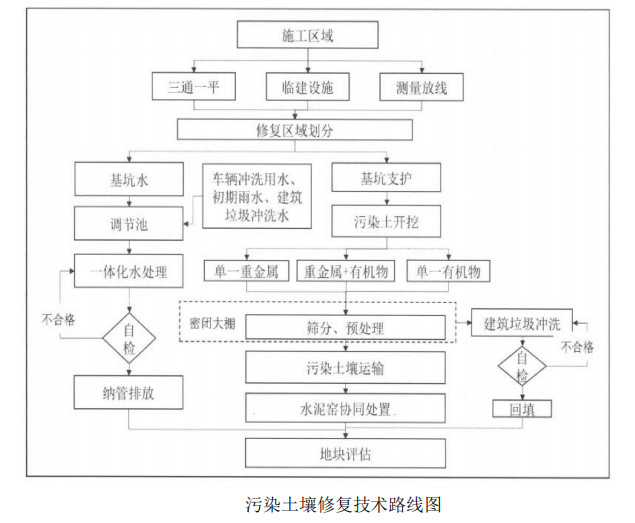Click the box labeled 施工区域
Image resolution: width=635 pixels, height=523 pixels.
(x=307, y=35)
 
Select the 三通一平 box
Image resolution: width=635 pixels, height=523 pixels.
(x=193, y=87)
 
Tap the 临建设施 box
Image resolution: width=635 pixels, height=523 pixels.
(x=307, y=87)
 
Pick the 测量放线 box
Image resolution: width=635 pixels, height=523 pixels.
(x=420, y=87)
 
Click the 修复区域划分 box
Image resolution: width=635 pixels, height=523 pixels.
(x=294, y=130)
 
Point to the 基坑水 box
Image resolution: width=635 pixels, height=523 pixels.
(x=129, y=182)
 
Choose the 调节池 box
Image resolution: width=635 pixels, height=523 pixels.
(x=129, y=226)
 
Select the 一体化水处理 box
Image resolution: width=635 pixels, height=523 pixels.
(x=129, y=270)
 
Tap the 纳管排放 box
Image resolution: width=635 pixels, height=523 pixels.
(x=129, y=392)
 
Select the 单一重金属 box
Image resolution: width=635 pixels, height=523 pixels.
(x=246, y=272)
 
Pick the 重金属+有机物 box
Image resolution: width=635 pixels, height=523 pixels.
(x=346, y=272)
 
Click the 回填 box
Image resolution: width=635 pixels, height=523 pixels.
(x=521, y=409)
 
